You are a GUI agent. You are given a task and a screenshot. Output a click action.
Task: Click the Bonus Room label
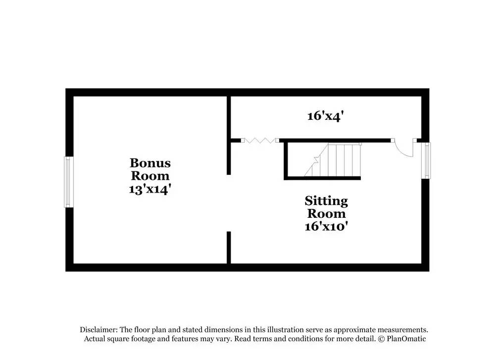[150, 169]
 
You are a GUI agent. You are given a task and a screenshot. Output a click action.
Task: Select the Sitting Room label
[326, 207]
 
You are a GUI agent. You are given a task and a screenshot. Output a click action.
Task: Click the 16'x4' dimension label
[325, 116]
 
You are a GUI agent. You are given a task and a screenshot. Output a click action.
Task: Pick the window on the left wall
[69, 182]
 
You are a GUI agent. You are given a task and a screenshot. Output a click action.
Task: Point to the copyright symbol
[381, 339]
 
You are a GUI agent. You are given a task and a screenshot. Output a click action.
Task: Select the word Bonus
[150, 163]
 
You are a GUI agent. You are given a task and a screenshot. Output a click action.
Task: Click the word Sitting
[326, 201]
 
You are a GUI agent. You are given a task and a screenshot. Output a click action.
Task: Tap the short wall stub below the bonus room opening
[229, 248]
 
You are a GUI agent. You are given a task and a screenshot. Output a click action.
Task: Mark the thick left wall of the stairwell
[286, 160]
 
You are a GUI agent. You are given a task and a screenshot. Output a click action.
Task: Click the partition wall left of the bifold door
[229, 135]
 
